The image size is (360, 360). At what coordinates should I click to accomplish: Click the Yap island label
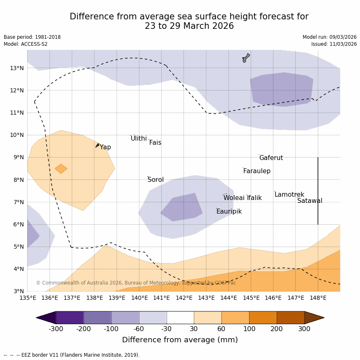105,147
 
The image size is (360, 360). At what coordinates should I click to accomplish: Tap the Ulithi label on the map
139,139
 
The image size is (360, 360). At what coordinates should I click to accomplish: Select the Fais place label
155,143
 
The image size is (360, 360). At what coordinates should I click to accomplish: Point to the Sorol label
155,180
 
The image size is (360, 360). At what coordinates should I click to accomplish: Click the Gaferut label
271,158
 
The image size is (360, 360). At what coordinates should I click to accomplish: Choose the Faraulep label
256,171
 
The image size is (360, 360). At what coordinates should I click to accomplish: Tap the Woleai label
234,198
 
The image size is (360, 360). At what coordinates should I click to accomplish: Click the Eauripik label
229,212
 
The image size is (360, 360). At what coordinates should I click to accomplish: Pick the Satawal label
310,201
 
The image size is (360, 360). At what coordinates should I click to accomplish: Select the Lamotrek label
289,195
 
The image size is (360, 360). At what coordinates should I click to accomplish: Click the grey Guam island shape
246,58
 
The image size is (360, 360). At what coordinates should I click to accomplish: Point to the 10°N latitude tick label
16,135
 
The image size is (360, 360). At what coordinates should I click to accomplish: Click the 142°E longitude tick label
184,298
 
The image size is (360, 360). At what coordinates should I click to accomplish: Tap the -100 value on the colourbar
111,329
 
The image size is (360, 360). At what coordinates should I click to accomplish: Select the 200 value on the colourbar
276,329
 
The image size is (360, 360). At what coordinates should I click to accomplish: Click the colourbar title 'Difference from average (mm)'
180,340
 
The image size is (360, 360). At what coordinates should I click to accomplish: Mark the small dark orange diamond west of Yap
61,169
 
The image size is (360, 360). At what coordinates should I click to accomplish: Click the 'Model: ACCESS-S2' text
26,44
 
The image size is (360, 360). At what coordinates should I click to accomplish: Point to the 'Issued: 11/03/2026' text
334,44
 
